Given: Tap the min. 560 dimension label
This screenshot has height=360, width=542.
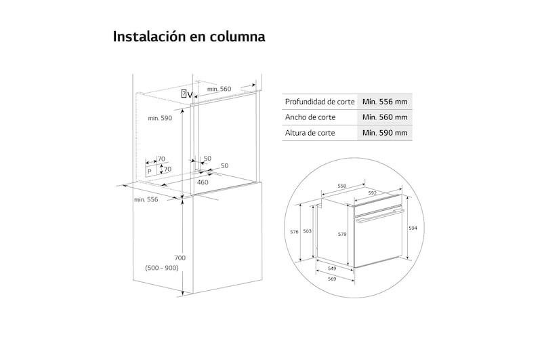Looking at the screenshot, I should pyautogui.click(x=219, y=89).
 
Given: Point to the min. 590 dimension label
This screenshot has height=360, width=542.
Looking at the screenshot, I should pyautogui.click(x=161, y=118).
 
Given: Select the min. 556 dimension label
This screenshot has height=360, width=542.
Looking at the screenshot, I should pyautogui.click(x=146, y=199).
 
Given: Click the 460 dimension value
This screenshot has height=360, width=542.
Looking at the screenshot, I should pyautogui.click(x=203, y=182).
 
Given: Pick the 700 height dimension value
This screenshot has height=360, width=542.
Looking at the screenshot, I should pyautogui.click(x=180, y=258).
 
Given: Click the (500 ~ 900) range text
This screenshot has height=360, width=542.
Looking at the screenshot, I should pyautogui.click(x=161, y=268).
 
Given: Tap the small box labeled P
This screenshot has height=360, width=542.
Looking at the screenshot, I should pyautogui.click(x=150, y=172).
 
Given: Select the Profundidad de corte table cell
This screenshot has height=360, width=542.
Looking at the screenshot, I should pyautogui.click(x=320, y=102).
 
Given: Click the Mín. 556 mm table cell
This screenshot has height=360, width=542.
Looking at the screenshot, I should pyautogui.click(x=384, y=102).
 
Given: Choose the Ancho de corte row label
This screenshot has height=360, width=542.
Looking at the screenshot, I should pyautogui.click(x=310, y=117).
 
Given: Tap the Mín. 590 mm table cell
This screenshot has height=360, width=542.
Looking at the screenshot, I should pyautogui.click(x=384, y=132).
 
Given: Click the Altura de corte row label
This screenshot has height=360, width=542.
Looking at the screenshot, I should pyautogui.click(x=310, y=132).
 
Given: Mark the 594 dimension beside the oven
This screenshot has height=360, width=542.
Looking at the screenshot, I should pyautogui.click(x=413, y=228).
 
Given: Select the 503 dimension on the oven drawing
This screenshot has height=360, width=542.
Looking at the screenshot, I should pyautogui.click(x=308, y=231).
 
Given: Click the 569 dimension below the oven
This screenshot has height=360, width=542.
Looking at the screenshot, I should pyautogui.click(x=332, y=279).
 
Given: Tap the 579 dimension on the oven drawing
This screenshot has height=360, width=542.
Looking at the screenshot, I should pyautogui.click(x=343, y=235).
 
